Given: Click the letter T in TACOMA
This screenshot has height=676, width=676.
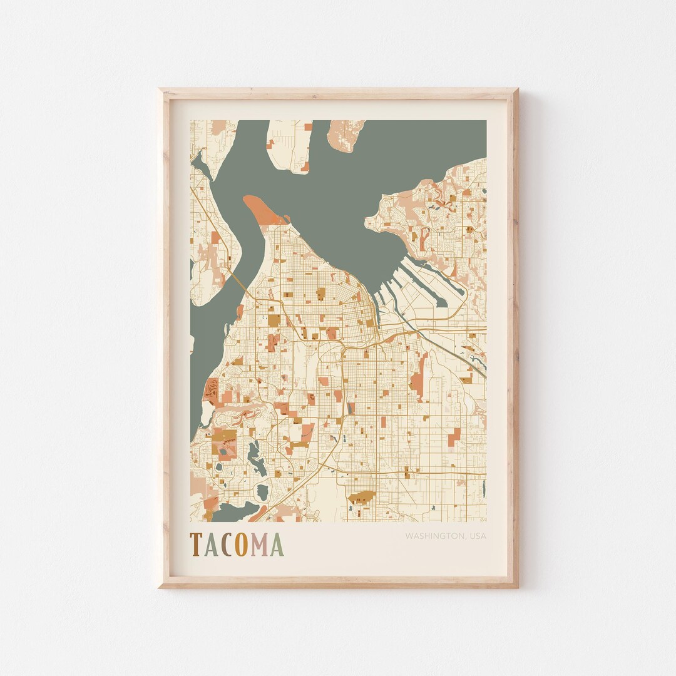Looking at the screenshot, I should click(195, 545).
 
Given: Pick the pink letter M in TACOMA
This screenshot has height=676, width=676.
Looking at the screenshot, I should click(259, 545).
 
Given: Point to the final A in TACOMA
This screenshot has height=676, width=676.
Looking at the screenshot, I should click(277, 545).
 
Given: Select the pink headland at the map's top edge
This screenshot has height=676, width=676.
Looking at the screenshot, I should click(346, 134).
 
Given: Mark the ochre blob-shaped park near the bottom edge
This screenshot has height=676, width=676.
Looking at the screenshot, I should click(361, 498).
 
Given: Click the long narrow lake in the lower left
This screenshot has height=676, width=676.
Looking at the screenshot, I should click(254, 456).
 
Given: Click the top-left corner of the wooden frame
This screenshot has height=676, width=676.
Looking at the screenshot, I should click(160, 90).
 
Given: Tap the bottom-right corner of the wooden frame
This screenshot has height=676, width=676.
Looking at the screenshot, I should click(517, 586).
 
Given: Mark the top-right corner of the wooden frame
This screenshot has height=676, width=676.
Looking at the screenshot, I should click(517, 90).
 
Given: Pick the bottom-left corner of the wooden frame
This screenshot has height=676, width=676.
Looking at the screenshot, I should click(160, 586).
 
